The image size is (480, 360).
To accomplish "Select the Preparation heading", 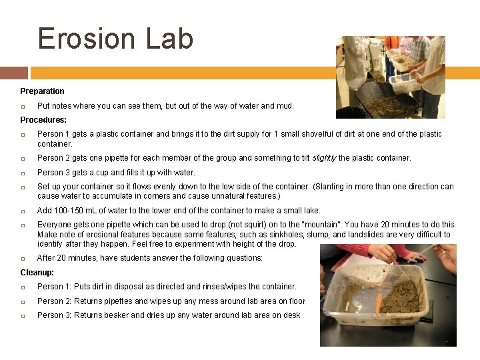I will pos(42,91).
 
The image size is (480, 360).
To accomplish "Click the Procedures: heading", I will pos(43,120).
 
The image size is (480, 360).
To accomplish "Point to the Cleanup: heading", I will pos(37,273).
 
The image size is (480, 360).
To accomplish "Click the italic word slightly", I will pos(325,158).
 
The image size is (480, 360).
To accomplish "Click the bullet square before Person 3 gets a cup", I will pos(23,173).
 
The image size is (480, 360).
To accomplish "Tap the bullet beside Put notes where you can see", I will pos(23,106).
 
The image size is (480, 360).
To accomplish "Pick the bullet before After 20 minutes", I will pos(23,258).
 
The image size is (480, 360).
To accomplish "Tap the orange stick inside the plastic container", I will pos(379,304).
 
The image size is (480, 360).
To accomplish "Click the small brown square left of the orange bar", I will pos(13,73).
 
